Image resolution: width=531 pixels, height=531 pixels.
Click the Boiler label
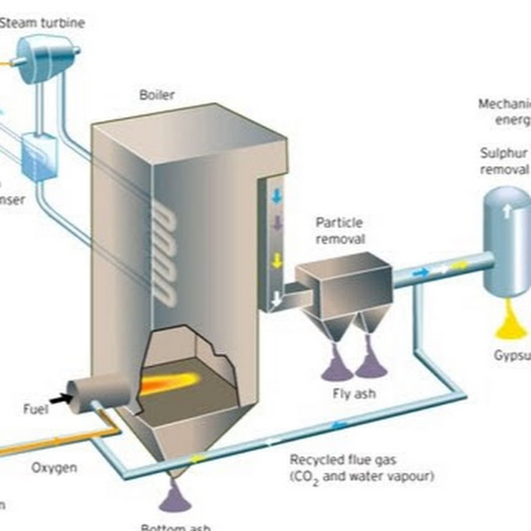(157, 94)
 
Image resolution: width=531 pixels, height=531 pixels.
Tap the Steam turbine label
(42, 23)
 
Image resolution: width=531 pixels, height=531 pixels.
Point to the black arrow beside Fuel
(60, 399)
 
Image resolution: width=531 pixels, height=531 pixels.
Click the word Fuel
(36, 408)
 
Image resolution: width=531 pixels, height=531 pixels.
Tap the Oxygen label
(54, 468)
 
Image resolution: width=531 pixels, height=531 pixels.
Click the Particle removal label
(340, 231)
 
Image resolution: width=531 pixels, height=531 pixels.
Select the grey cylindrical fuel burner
(97, 392)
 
